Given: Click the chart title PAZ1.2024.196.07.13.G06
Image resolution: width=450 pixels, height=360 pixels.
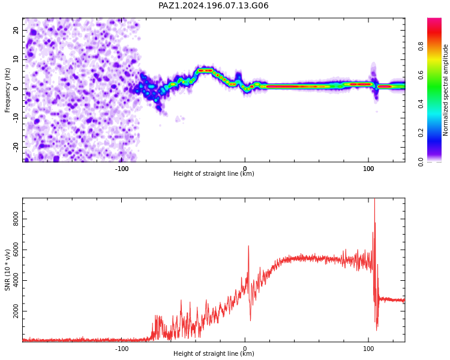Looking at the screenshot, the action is [x=213, y=6].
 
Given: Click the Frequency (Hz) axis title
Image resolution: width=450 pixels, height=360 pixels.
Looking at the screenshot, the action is [x=7, y=90].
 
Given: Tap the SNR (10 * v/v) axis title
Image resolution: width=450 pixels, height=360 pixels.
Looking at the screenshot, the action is [x=7, y=270].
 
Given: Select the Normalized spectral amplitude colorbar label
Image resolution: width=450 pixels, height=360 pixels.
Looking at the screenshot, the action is [x=445, y=90].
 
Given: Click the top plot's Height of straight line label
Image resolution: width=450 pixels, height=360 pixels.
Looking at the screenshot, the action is [x=214, y=173].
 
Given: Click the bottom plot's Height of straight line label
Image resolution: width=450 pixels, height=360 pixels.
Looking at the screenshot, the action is [x=214, y=353].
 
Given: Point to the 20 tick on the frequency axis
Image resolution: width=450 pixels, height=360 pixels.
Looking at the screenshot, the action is [x=16, y=30].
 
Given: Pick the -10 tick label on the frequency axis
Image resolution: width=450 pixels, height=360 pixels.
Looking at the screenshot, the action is [x=16, y=118].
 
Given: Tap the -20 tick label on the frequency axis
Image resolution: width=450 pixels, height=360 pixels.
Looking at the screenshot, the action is [x=16, y=147].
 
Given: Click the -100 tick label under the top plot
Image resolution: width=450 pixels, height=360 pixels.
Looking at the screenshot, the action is [x=122, y=169].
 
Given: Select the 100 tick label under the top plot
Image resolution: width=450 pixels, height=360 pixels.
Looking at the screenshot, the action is [x=368, y=169].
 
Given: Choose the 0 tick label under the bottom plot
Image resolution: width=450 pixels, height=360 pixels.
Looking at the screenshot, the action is [x=245, y=349].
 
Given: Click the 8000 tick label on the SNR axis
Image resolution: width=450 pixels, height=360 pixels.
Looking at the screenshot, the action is [x=16, y=219].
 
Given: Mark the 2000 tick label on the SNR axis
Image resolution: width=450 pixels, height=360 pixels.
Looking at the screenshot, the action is [x=16, y=311].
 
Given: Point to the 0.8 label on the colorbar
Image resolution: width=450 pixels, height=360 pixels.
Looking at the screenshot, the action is [x=421, y=46].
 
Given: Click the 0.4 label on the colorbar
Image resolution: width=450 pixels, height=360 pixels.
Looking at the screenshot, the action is [x=421, y=104].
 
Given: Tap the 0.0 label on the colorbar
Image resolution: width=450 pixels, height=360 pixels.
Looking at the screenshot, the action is [x=421, y=162].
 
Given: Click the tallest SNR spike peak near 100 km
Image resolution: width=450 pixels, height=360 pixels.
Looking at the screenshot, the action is [x=374, y=199].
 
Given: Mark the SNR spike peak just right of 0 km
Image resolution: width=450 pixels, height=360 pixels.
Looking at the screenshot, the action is [x=248, y=246].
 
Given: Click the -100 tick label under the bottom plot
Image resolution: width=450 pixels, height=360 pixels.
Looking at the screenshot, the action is [x=122, y=349].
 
